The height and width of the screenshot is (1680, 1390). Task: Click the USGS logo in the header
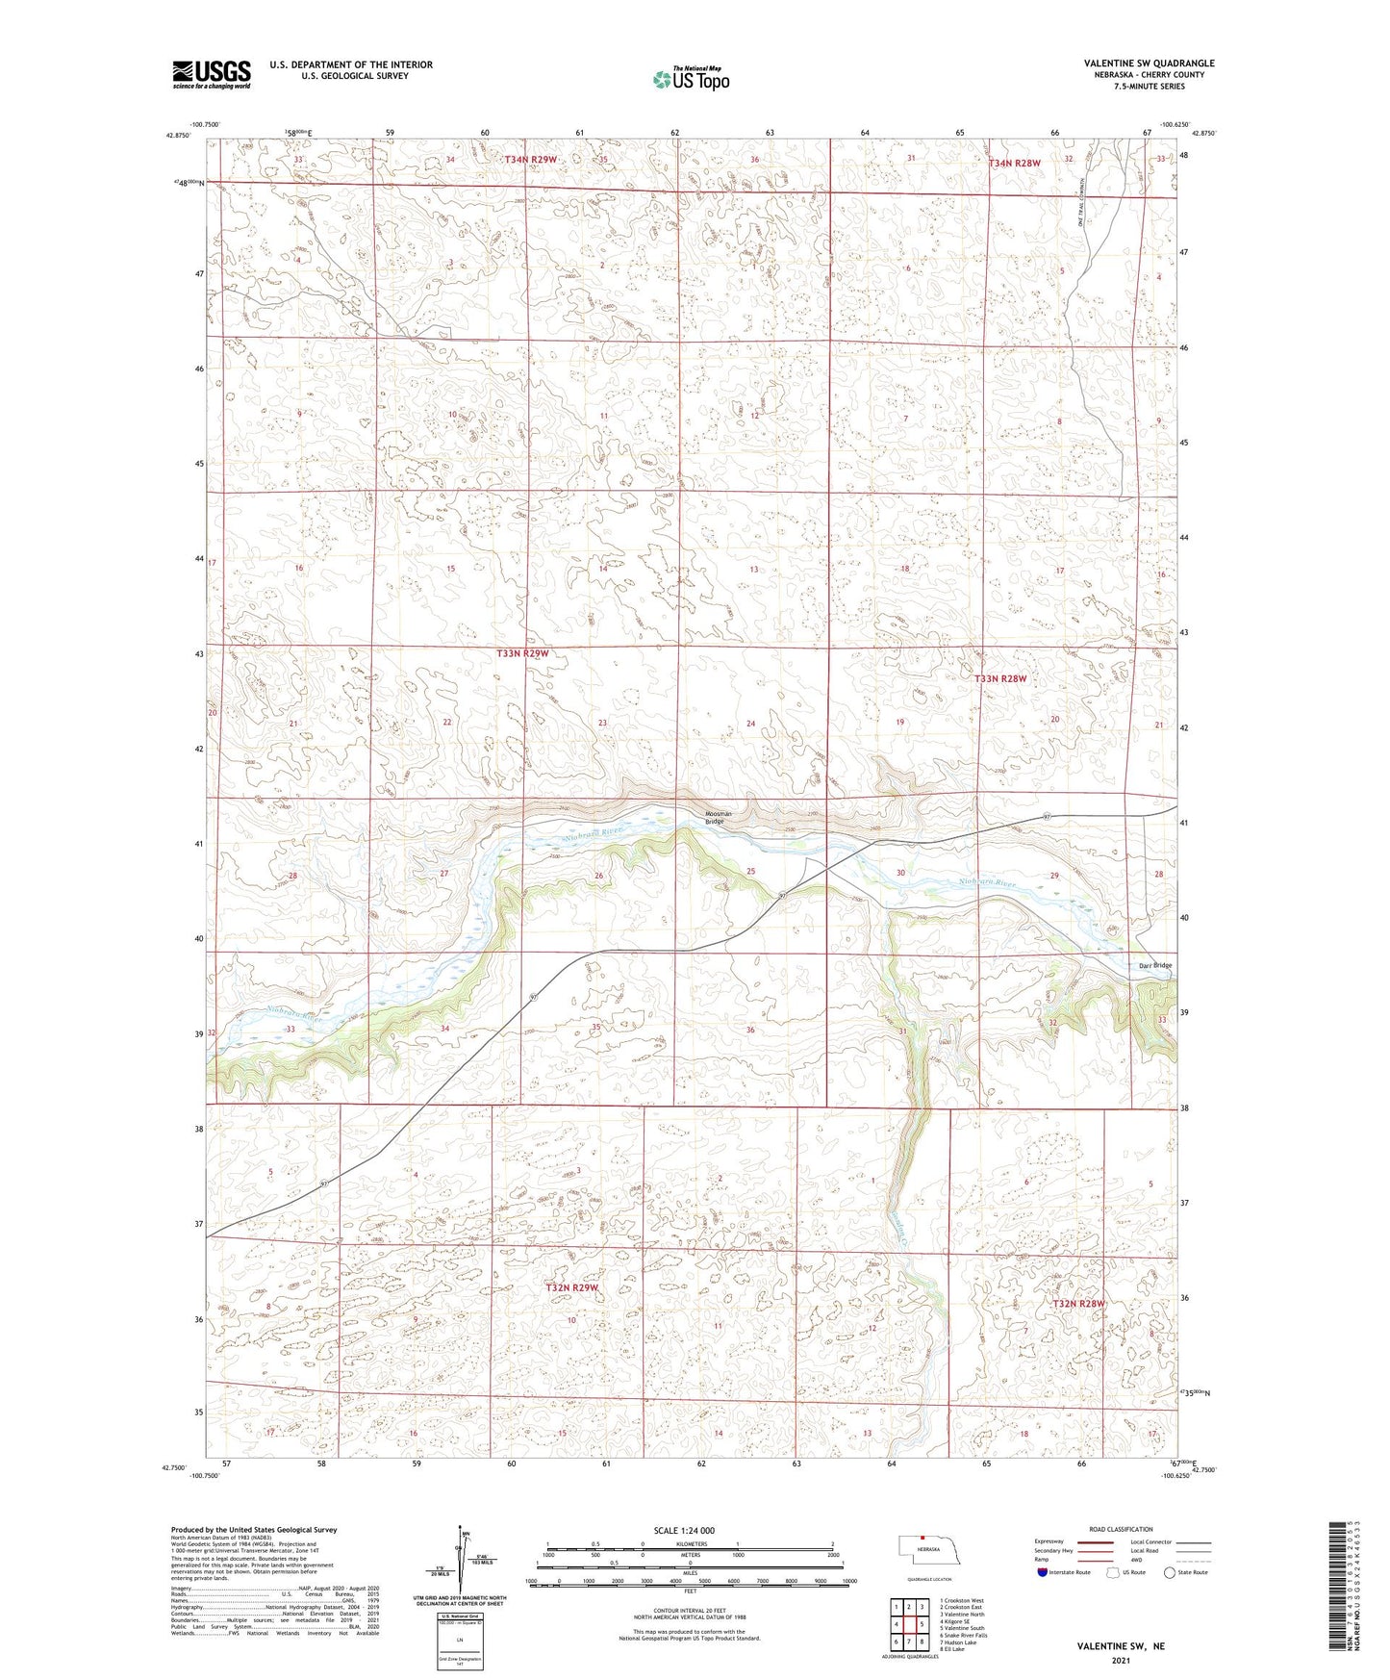pyautogui.click(x=212, y=73)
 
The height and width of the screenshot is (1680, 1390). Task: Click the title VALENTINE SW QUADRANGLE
pyautogui.click(x=1149, y=64)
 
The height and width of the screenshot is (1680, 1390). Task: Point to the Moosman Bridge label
pyautogui.click(x=717, y=818)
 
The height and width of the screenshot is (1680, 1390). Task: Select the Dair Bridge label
pyautogui.click(x=1154, y=965)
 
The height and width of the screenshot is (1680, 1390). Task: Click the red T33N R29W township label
pyautogui.click(x=522, y=653)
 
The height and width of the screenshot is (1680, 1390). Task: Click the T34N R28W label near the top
pyautogui.click(x=1015, y=164)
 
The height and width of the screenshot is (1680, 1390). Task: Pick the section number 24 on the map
pyautogui.click(x=750, y=724)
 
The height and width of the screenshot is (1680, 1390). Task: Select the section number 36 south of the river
pyautogui.click(x=750, y=1030)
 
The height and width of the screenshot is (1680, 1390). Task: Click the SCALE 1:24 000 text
pyautogui.click(x=684, y=1530)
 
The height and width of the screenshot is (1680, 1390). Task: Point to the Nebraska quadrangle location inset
pyautogui.click(x=927, y=1554)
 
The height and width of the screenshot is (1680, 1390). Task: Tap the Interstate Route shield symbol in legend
pyautogui.click(x=1043, y=1572)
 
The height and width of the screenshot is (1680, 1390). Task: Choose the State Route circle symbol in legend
pyautogui.click(x=1170, y=1572)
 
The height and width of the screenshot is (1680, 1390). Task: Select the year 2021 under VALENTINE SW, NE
pyautogui.click(x=1120, y=1660)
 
